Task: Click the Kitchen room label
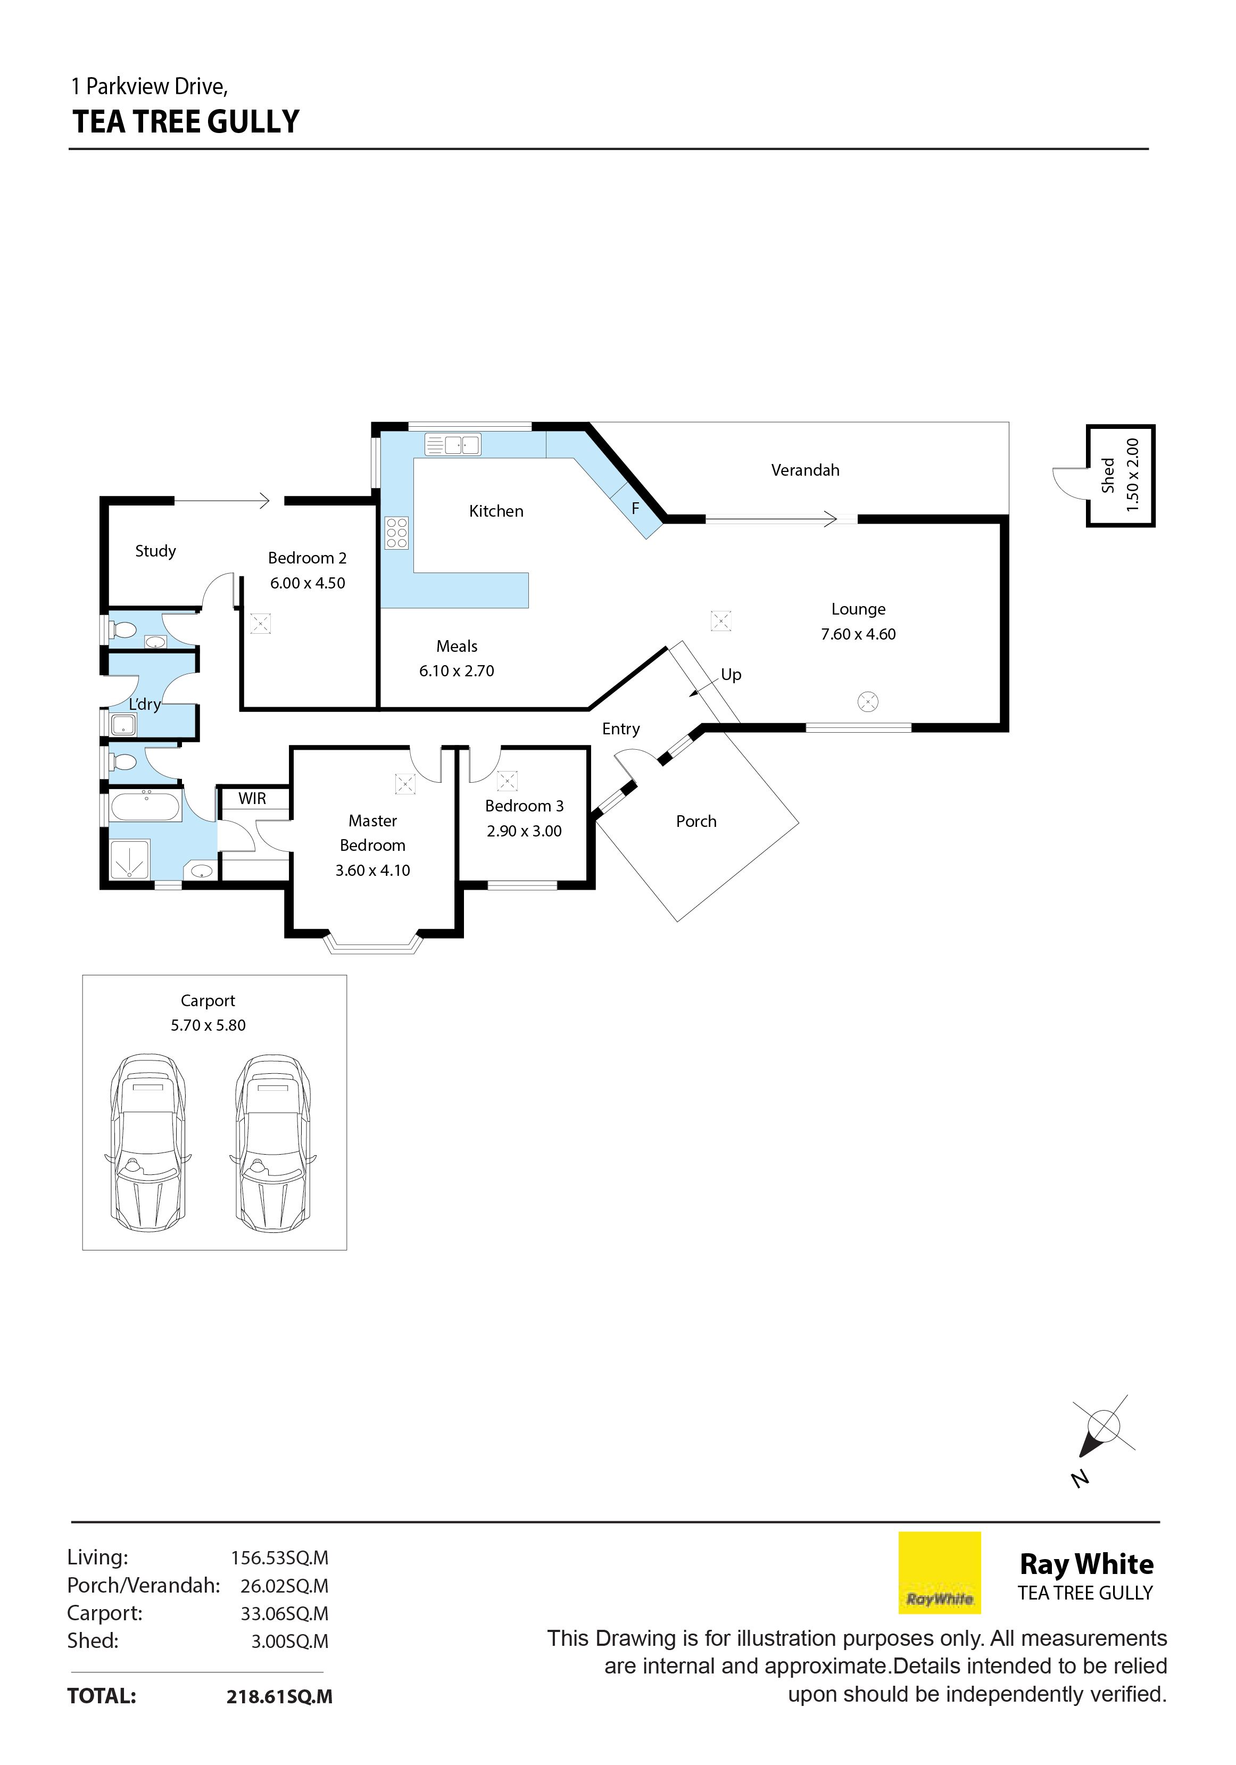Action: [x=496, y=511]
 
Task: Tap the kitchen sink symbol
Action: [x=453, y=444]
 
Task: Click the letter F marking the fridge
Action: [x=635, y=508]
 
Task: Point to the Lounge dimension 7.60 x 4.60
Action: [x=858, y=634]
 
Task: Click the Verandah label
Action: [x=805, y=470]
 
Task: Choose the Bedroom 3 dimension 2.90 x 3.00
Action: [x=524, y=831]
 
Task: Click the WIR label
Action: [x=252, y=798]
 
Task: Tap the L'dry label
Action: [x=145, y=704]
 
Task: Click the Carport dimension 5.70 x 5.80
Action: [x=209, y=1025]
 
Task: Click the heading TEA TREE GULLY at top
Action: [x=186, y=121]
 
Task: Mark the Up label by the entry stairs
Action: [x=731, y=675]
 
